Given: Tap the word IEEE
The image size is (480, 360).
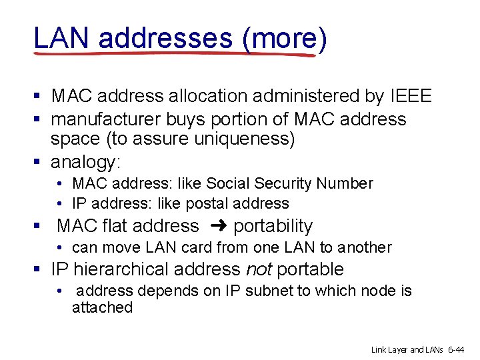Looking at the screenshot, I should [409, 96].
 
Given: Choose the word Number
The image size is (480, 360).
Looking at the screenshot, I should [345, 183].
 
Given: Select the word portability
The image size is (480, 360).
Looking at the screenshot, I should [273, 227].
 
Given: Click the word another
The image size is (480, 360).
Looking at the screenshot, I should [364, 247].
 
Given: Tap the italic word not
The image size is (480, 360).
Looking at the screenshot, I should [259, 269].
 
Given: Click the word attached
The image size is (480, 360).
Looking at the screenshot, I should [102, 307].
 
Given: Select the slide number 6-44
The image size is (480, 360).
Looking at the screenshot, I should [461, 349].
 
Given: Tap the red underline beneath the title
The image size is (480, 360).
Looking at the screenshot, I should [173, 53].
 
